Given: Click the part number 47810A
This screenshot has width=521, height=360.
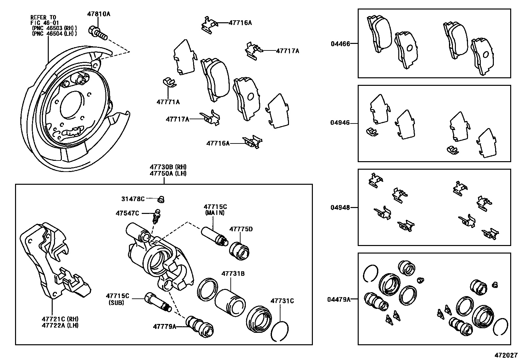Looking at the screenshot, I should coord(99,14).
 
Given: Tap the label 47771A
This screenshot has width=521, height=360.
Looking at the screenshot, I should coord(168,102).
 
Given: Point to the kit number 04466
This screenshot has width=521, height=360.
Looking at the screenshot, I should coord(340,43).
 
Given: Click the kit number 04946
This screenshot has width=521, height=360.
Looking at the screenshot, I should coord(340,123).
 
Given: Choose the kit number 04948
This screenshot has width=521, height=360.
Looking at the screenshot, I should coord(340,207).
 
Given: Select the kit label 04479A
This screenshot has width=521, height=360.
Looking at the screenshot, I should coord(339,299).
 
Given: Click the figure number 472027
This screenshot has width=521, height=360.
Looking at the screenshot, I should coord(506,355).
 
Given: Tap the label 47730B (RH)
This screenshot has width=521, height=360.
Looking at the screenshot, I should coord(168,167).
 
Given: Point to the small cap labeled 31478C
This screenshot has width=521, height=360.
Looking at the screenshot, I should coord(161,199).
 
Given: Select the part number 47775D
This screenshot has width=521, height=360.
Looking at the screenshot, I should coord(241,229).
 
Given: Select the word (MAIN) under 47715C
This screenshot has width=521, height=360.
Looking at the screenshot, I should coord(215,213).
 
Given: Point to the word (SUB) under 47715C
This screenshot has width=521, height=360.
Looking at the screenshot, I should coord(116,303).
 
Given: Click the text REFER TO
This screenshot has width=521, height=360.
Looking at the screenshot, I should coord(44,17).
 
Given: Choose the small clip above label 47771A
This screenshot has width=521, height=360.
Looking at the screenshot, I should coord(169,83).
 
